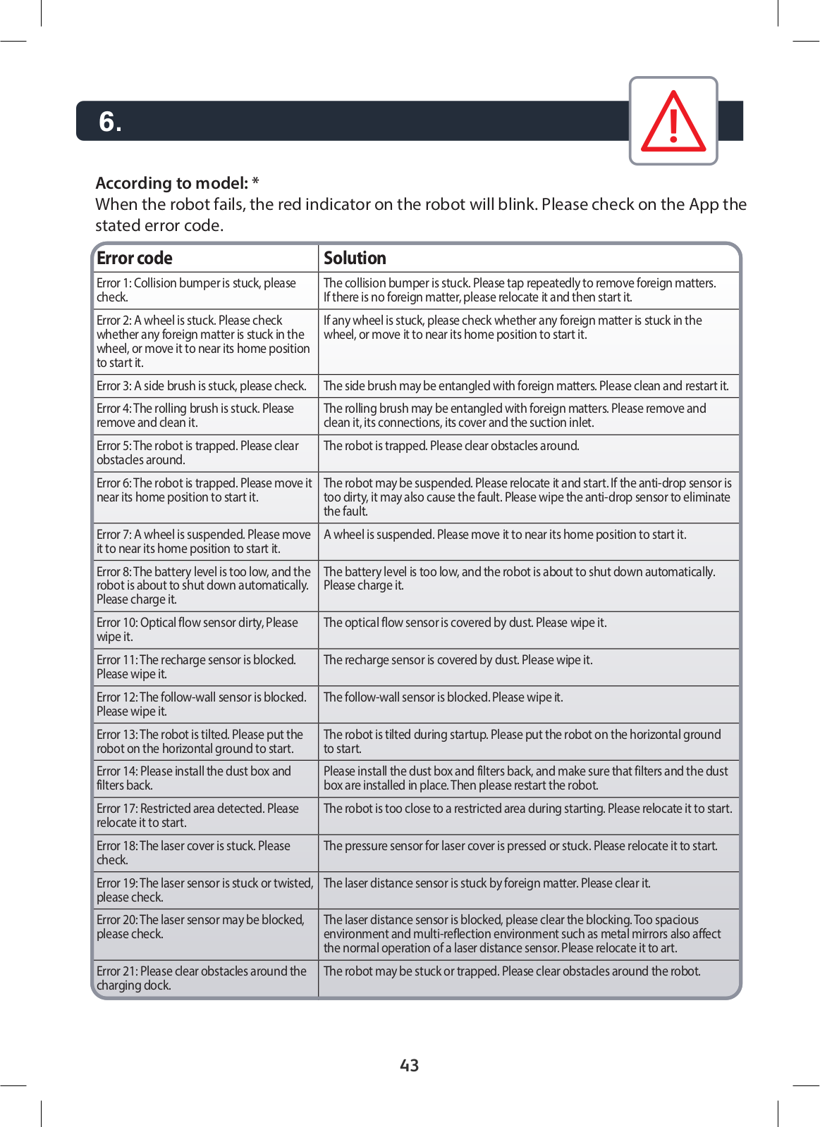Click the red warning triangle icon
[x=673, y=122]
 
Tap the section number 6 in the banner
[x=110, y=122]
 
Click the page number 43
[x=409, y=1065]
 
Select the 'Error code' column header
[x=135, y=258]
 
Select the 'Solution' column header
[x=355, y=258]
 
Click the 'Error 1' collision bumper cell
[x=204, y=290]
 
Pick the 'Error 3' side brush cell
[x=204, y=386]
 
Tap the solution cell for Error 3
[x=526, y=386]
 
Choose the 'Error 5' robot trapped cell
[x=204, y=453]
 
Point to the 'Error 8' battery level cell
[x=204, y=585]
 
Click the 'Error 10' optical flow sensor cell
[x=204, y=630]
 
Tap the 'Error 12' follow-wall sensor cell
[x=204, y=704]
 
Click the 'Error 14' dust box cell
[x=204, y=778]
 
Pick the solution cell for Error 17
[x=527, y=809]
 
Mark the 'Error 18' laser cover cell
[x=204, y=853]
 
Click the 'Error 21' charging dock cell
[x=204, y=978]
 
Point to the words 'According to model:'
[x=171, y=183]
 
